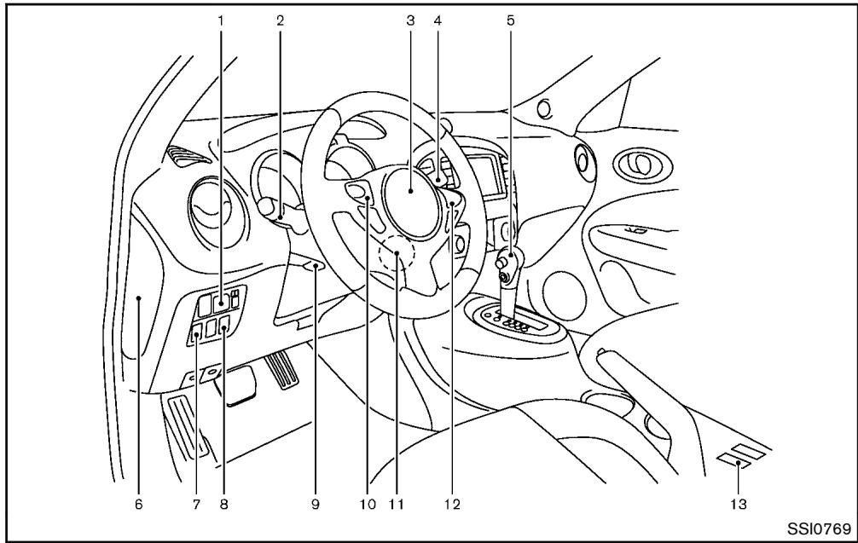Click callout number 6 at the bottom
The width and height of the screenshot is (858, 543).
[137, 505]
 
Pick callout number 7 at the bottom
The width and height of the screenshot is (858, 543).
[196, 505]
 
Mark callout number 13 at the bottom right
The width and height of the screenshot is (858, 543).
[739, 505]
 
